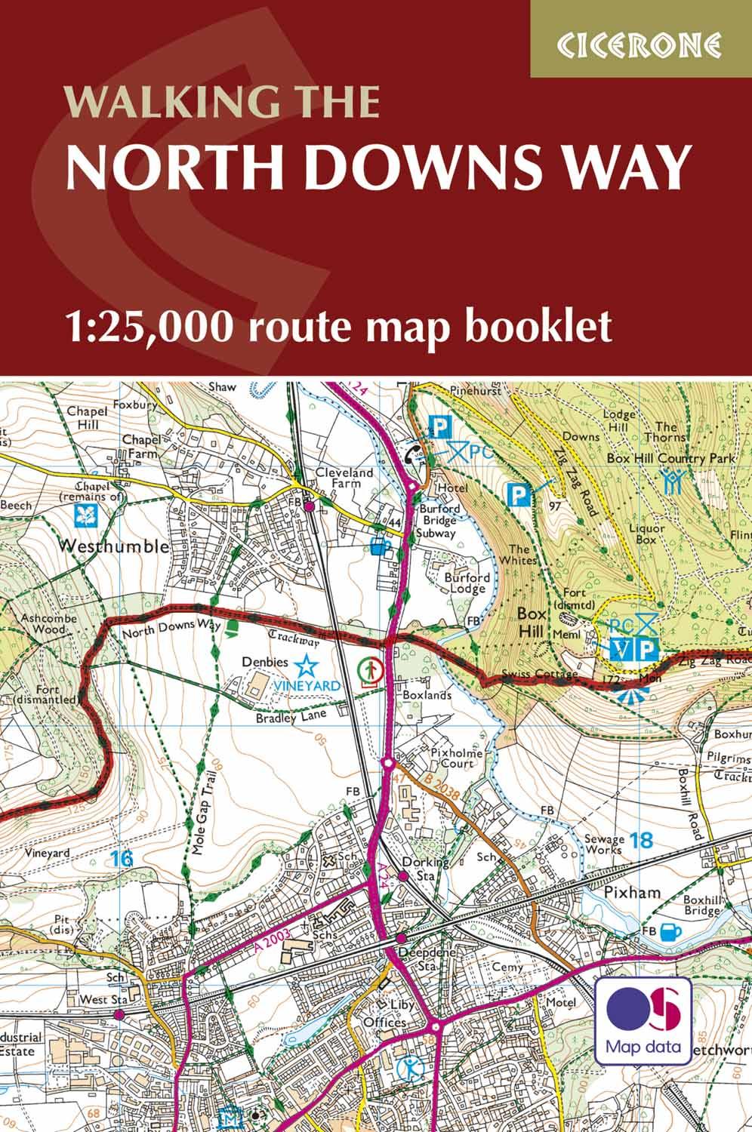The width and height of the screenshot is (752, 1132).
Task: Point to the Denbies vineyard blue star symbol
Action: pyautogui.click(x=306, y=665)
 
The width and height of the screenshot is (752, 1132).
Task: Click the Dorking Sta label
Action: pyautogui.click(x=425, y=868)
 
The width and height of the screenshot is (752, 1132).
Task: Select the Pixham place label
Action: pyautogui.click(x=633, y=893)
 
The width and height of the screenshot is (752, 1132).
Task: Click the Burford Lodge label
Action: pyautogui.click(x=467, y=583)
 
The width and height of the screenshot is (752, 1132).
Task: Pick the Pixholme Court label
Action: pyautogui.click(x=452, y=758)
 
